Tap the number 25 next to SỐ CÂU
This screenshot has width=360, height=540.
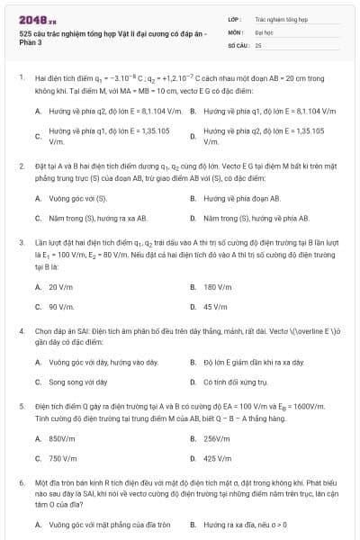tap(258, 44)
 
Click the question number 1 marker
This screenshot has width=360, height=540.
tap(21, 78)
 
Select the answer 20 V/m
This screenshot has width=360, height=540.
tap(60, 287)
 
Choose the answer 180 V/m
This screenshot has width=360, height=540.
tap(217, 287)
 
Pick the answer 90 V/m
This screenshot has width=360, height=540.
tap(60, 307)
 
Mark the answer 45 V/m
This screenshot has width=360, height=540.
tap(215, 307)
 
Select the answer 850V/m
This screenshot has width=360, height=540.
tap(62, 438)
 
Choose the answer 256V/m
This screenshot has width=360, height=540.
tap(218, 438)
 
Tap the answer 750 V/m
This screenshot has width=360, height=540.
tap(62, 459)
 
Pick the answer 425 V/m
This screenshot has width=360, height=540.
tap(218, 459)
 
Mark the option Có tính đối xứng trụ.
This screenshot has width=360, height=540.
tap(237, 382)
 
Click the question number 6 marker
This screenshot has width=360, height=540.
tap(21, 483)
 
